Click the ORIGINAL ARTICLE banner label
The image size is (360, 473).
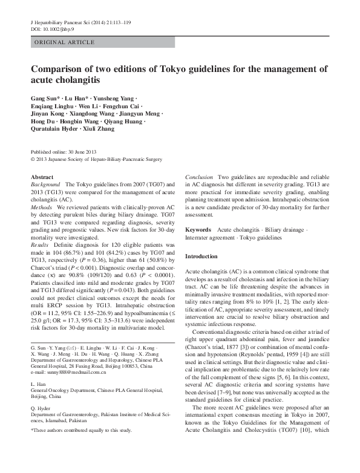coord(64,42)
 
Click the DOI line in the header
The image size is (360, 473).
coord(54,28)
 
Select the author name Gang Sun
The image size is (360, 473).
coord(43,98)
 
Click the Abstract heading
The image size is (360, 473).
coord(42,177)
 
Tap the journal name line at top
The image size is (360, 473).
coord(88,22)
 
